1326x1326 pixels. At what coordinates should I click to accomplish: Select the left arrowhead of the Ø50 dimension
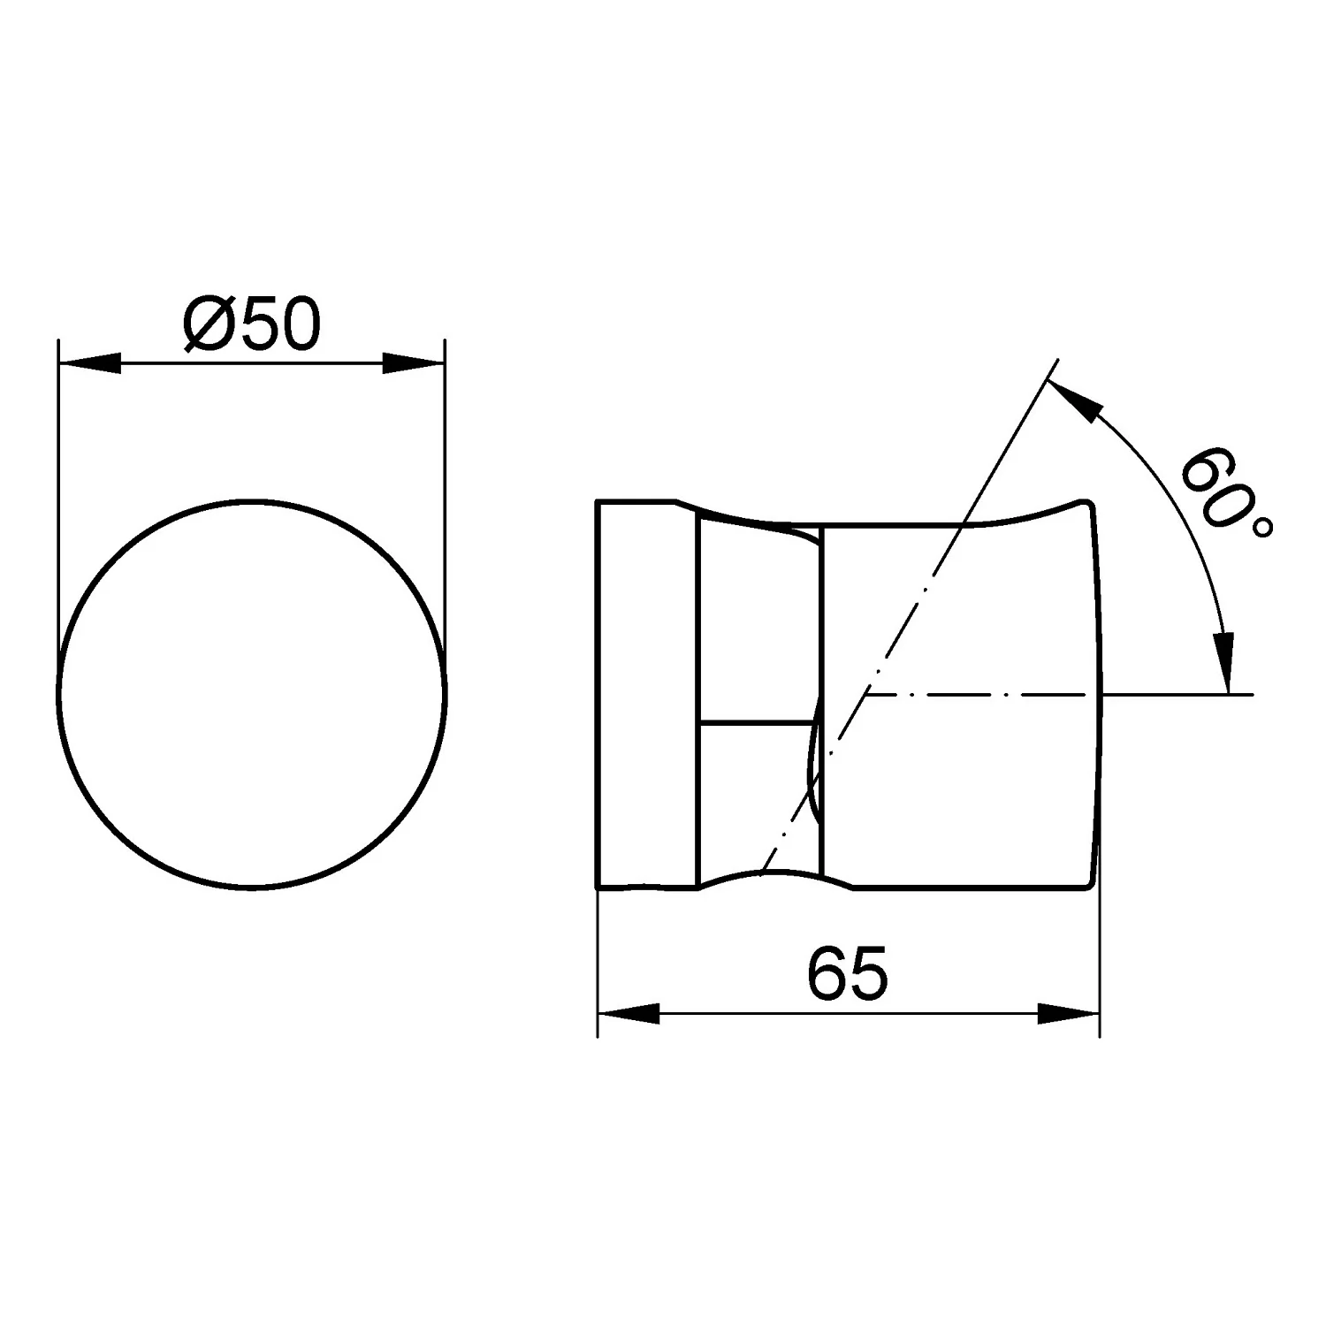[x=88, y=363]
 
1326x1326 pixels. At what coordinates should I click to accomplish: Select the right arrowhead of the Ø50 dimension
[x=414, y=363]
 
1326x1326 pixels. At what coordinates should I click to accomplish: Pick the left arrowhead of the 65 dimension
[x=629, y=1014]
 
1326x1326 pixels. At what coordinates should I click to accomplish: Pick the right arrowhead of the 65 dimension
[x=1068, y=1014]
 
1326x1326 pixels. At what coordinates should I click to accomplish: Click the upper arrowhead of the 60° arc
[x=1074, y=397]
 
